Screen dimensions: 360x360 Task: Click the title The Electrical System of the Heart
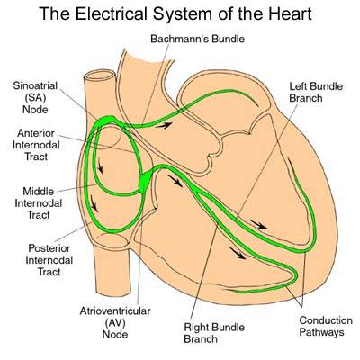point(179,15)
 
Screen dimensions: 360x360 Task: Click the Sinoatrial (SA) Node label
point(37,93)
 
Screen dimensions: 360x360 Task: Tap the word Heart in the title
point(281,15)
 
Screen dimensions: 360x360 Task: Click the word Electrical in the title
point(119,15)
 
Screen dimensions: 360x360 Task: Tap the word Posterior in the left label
point(38,246)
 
